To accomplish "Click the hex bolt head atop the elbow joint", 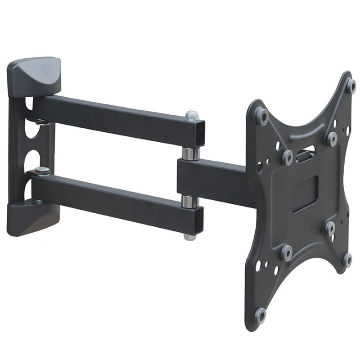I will (192, 116).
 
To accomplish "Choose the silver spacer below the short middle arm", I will (189, 201).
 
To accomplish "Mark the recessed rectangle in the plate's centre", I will (305, 193).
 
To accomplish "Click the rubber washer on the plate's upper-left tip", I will (261, 117).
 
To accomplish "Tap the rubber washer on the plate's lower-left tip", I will (260, 315).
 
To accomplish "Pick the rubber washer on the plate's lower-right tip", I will (347, 259).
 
